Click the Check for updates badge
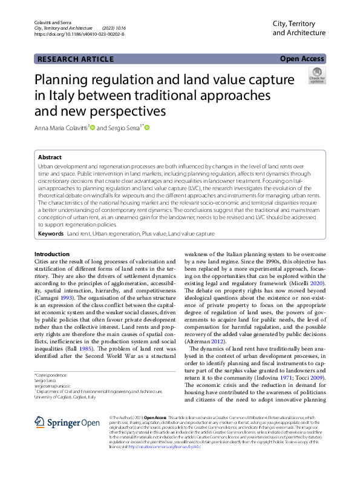tap(316, 76)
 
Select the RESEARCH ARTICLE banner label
tap(75, 59)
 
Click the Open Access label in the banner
tap(303, 59)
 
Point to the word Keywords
tap(50, 233)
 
